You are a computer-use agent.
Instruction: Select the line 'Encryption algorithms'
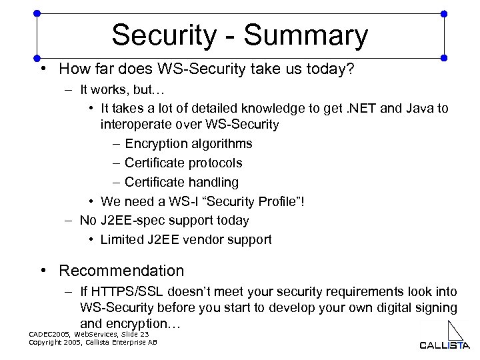click(188, 143)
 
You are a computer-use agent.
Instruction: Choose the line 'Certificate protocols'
click(183, 163)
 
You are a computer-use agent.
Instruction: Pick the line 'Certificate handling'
click(181, 182)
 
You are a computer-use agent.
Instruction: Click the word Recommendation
click(121, 271)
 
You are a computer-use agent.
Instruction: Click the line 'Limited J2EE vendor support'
click(186, 239)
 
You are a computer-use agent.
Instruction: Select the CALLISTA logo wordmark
click(445, 345)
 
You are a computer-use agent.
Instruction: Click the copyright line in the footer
click(94, 342)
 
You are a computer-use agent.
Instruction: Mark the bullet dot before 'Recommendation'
click(43, 271)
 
